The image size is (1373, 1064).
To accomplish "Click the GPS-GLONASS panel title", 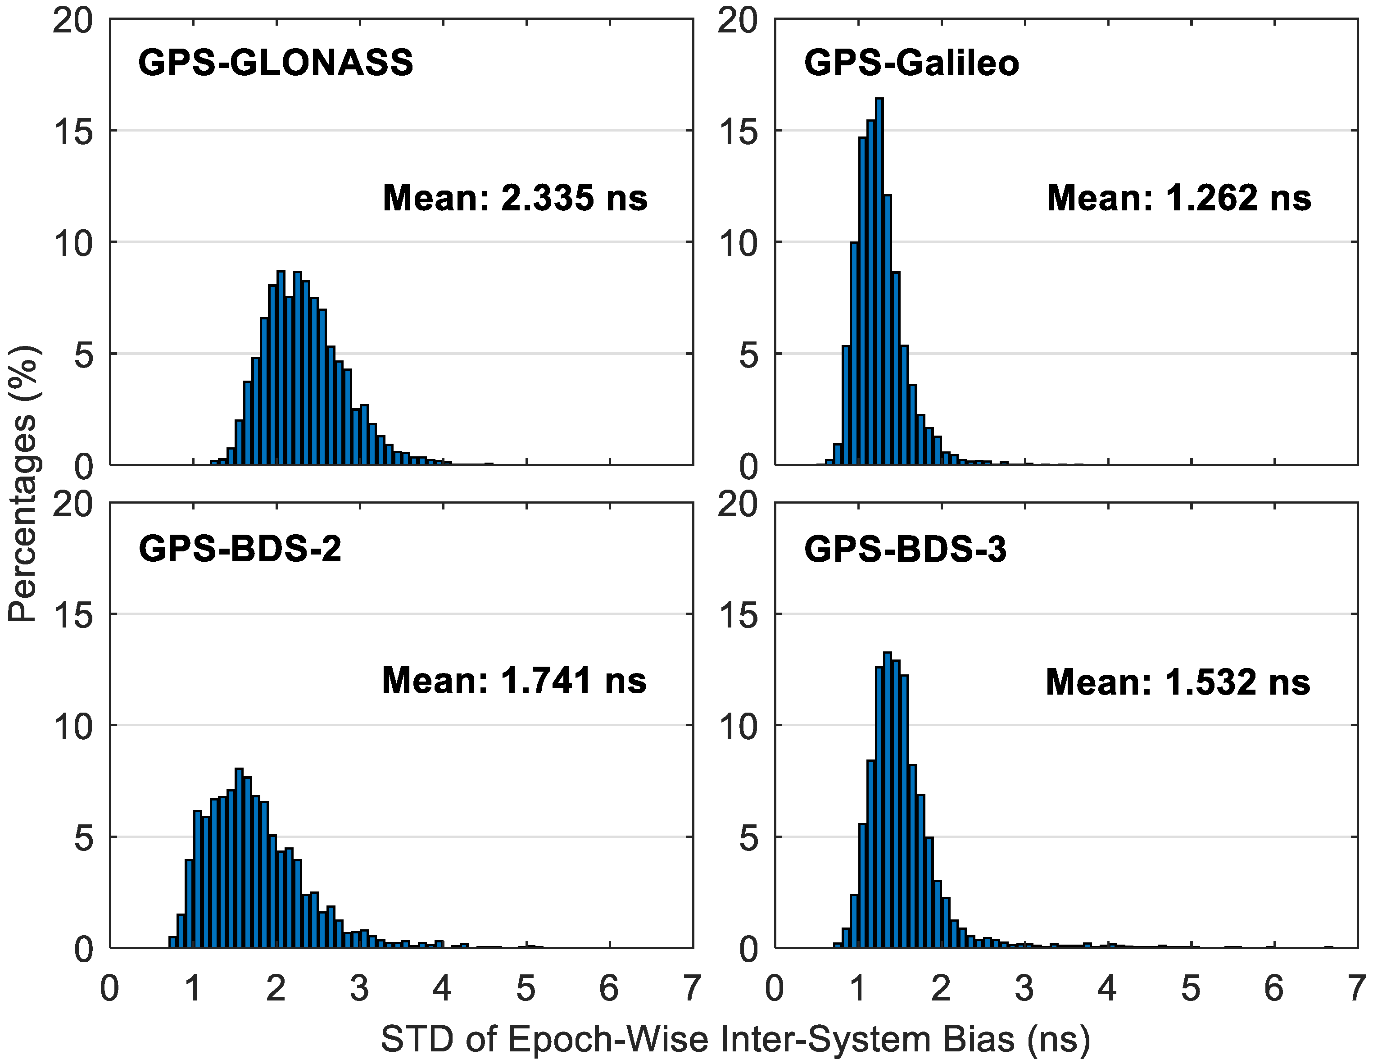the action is (275, 63).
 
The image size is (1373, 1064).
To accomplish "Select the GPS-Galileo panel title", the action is (911, 63).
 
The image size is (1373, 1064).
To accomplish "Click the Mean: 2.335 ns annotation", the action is (515, 198).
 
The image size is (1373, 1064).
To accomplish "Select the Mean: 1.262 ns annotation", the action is (1179, 198).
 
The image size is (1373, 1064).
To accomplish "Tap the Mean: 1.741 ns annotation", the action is (514, 680).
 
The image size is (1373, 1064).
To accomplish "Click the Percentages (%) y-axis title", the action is (24, 484).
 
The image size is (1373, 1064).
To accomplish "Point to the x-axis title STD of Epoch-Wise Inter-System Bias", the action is (735, 1038).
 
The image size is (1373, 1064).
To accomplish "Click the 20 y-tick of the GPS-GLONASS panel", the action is (73, 21).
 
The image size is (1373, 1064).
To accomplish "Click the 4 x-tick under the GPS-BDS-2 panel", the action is (442, 988).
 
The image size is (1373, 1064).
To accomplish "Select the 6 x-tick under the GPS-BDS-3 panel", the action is (1273, 988).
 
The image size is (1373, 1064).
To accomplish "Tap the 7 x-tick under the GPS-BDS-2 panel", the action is (692, 988).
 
